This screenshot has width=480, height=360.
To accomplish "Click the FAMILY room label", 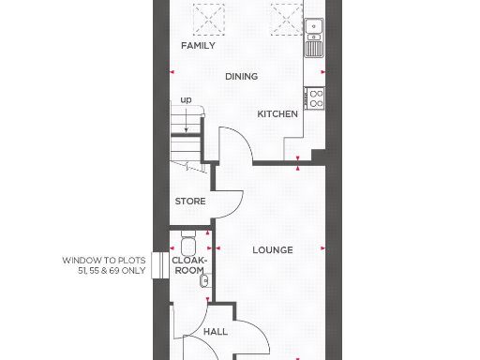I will [x=198, y=45].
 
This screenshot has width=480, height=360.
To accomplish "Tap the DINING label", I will [x=241, y=77].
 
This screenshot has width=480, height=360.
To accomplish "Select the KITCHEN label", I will [x=278, y=114].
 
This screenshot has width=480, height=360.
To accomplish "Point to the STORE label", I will [x=190, y=202].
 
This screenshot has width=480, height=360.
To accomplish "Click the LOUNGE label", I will [x=273, y=250].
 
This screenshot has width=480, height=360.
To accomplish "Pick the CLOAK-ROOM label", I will [x=189, y=263].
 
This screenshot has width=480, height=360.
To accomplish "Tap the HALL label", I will [x=216, y=332].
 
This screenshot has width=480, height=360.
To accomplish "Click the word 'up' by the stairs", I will [x=186, y=100].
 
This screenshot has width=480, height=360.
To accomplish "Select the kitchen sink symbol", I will [x=312, y=32].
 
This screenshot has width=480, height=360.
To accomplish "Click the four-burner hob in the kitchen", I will [x=315, y=96].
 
